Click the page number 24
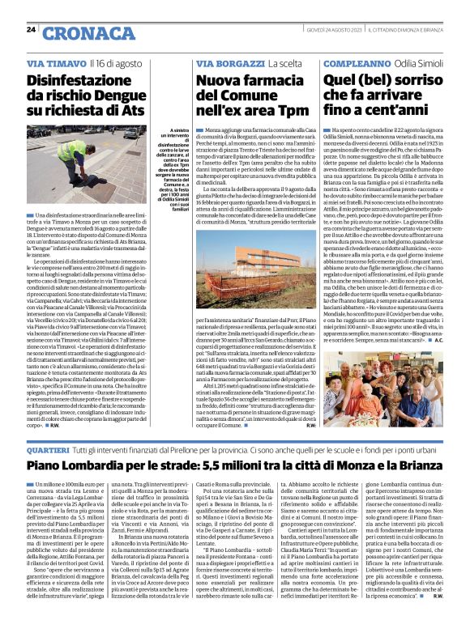pos(31,30)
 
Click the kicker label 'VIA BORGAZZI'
pos(223,62)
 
